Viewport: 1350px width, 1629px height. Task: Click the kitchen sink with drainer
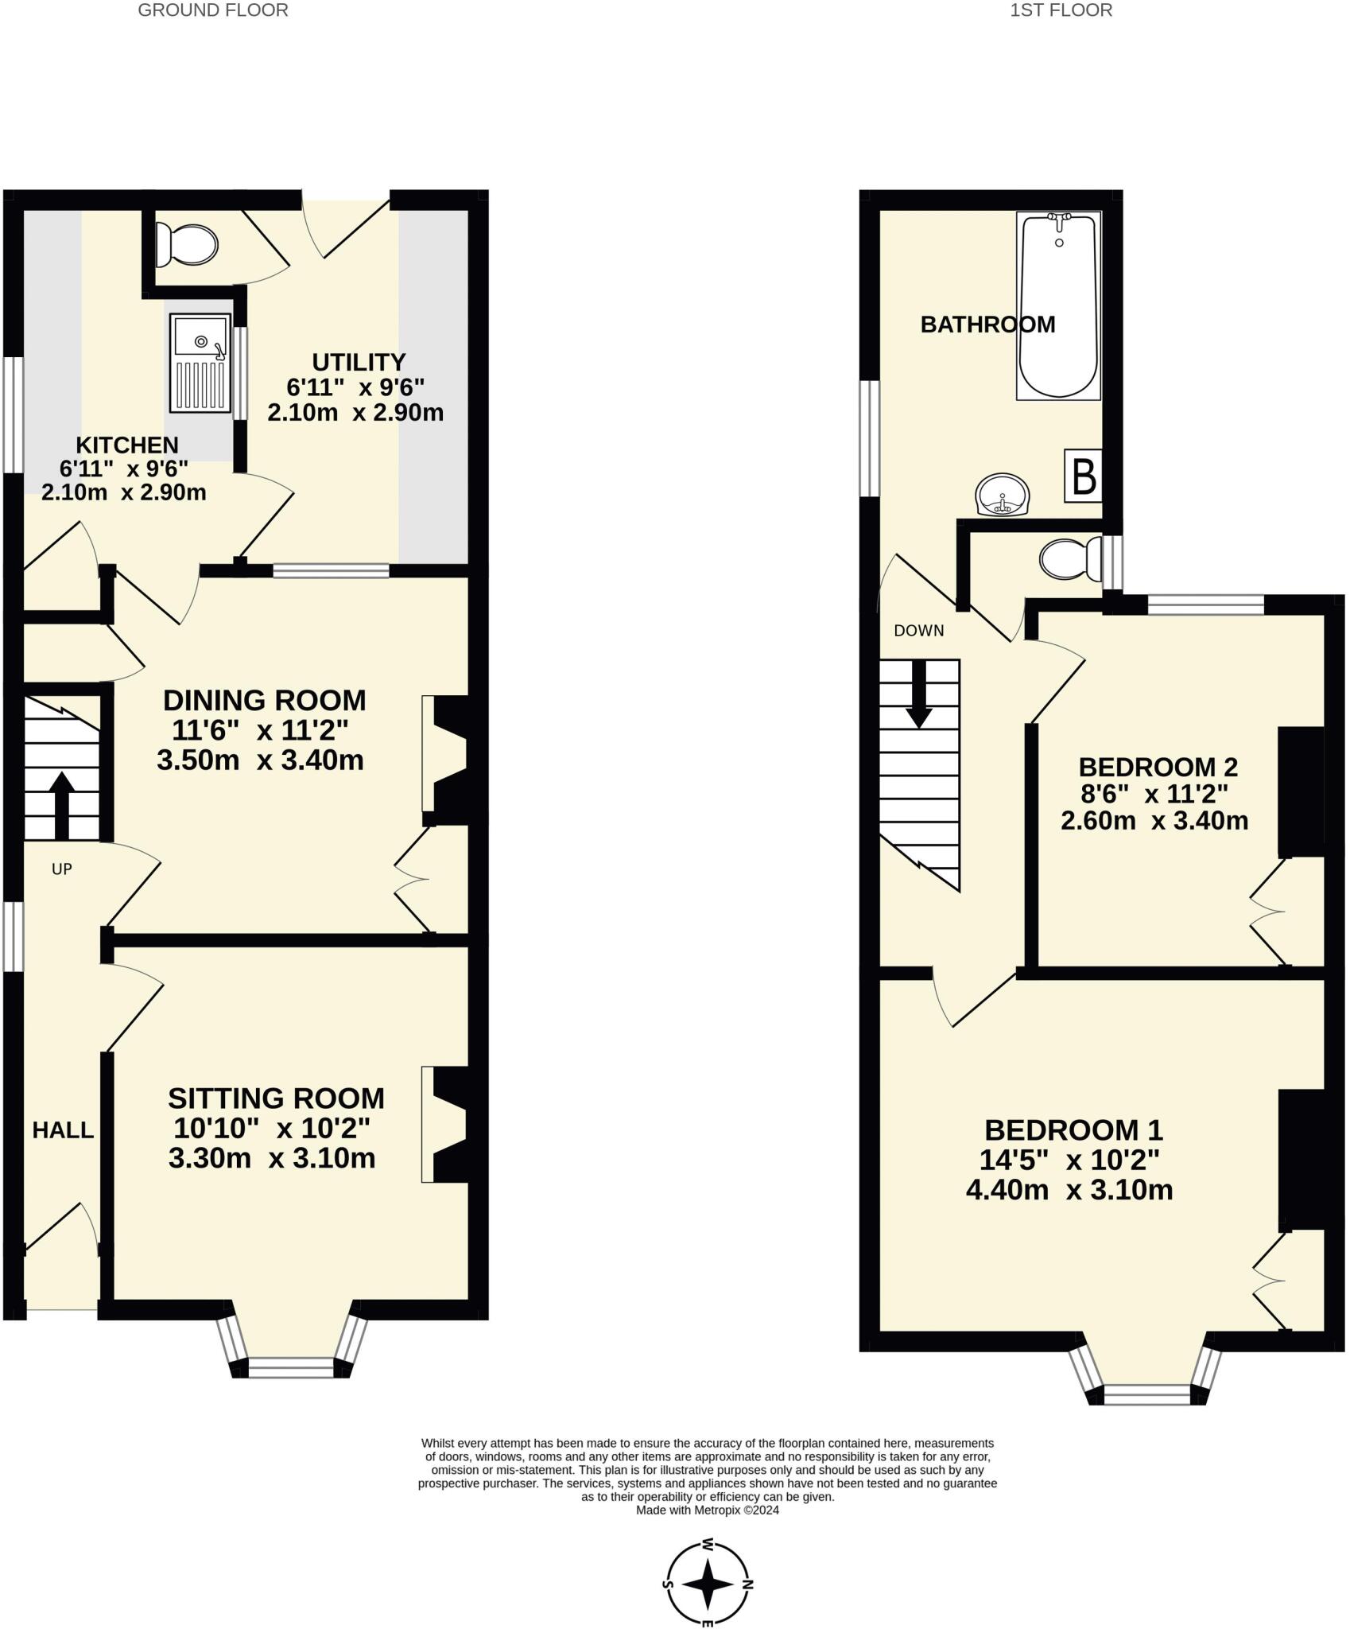[x=200, y=363]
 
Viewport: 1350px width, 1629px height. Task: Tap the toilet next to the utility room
[x=188, y=244]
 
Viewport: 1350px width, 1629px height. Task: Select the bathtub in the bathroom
[x=1058, y=305]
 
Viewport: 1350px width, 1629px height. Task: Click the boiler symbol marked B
[x=1084, y=476]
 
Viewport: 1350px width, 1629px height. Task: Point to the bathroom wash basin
[x=1003, y=495]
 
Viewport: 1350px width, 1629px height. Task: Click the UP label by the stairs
[x=62, y=869]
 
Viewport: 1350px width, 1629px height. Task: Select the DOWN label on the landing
[x=918, y=631]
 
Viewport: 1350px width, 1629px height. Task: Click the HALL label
[x=63, y=1130]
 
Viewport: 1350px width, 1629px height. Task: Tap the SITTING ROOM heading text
[x=276, y=1098]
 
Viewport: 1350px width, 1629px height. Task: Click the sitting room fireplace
[x=447, y=1124]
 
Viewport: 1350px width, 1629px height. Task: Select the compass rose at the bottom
[x=708, y=1583]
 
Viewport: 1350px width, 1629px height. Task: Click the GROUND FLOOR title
[x=213, y=10]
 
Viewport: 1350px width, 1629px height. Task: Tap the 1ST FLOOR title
[x=1061, y=10]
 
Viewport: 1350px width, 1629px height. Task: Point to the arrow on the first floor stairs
[x=920, y=694]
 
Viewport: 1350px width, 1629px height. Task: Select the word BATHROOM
[x=987, y=325]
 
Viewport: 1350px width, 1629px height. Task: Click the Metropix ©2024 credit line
[x=708, y=1510]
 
